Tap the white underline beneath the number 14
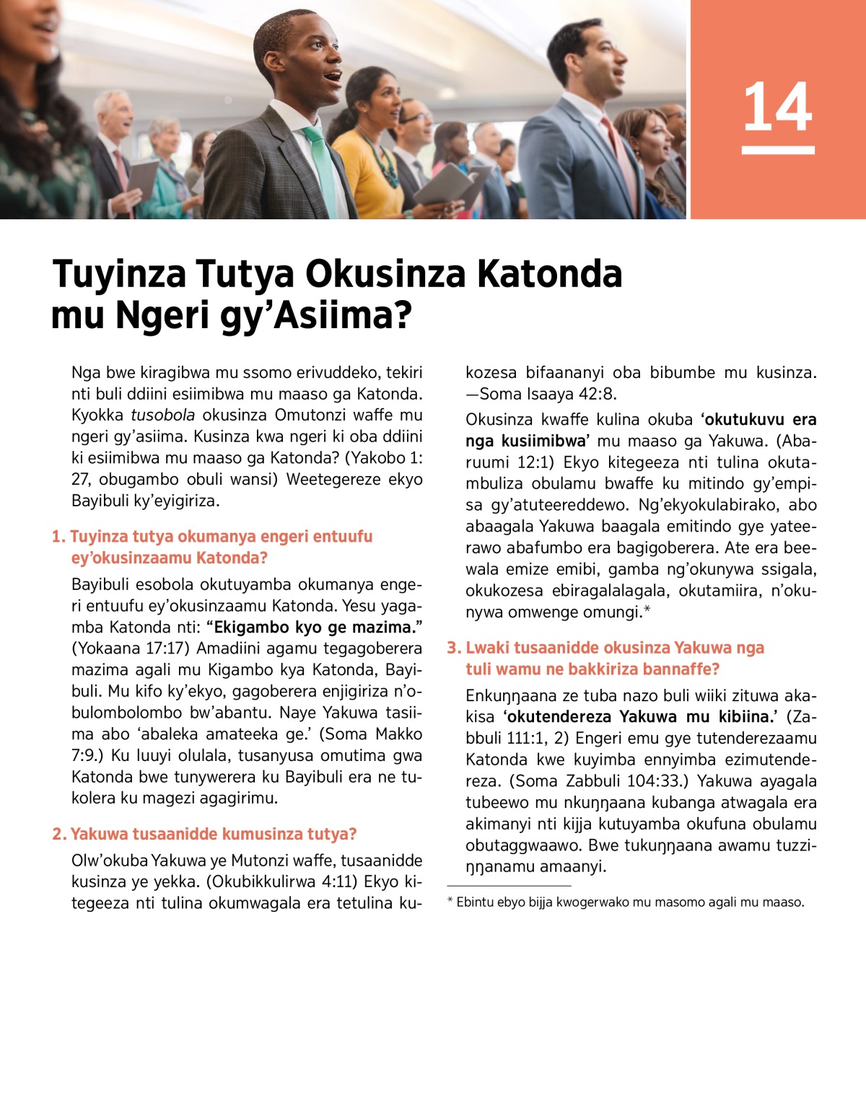(777, 150)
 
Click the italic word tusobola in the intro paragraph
(162, 415)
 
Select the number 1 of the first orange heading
(57, 537)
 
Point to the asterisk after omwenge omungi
(647, 610)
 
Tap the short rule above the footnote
(509, 886)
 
